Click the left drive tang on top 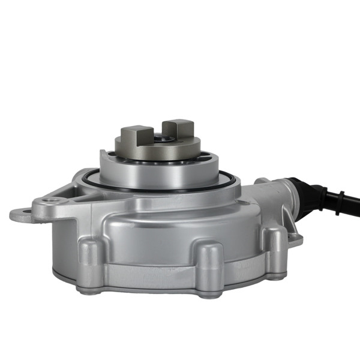[136, 137]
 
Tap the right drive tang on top [179, 132]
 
